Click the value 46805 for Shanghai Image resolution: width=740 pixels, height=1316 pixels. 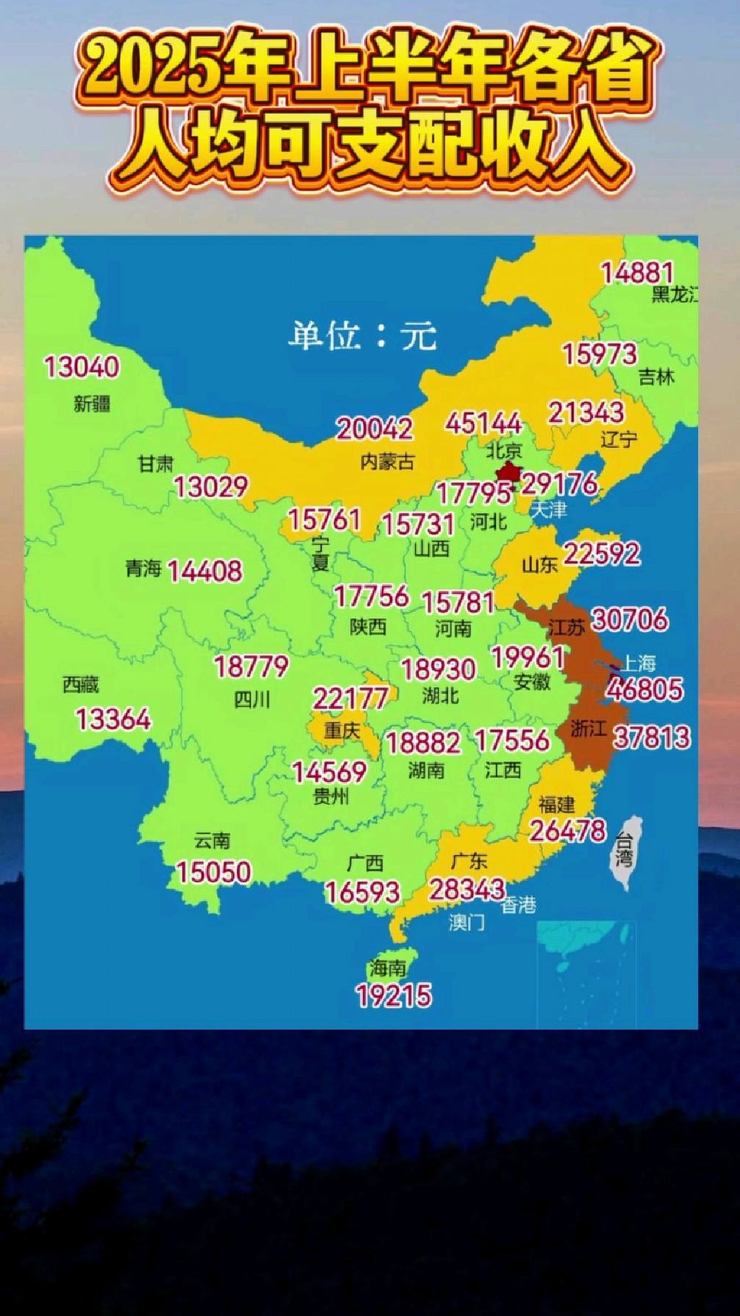coord(645,690)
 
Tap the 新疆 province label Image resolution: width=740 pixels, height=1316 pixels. coord(92,403)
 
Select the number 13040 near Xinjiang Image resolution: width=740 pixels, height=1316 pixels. coord(81,366)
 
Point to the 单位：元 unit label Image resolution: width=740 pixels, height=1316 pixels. coord(362,336)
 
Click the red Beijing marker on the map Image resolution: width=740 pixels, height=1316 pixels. coord(509,471)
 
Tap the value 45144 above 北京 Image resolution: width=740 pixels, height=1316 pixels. coord(483,423)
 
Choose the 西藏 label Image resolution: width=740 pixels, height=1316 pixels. coord(81,684)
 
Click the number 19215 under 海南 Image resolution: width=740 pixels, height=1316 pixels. coord(393,996)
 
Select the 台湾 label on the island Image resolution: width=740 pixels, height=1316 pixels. coord(624,850)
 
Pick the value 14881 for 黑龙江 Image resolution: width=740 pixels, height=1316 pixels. coord(637,272)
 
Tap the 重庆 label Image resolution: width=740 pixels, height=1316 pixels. coord(342,731)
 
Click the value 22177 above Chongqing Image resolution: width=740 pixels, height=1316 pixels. coord(350,698)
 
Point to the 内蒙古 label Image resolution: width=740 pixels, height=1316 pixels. coord(388,461)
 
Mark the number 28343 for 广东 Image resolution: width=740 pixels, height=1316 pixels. coord(468,889)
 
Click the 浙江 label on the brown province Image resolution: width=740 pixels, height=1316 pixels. coord(588,728)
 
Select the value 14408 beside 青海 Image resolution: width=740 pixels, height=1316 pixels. coord(205,571)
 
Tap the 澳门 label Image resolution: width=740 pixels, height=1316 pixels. coord(467,922)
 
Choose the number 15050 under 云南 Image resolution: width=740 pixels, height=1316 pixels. coord(214,872)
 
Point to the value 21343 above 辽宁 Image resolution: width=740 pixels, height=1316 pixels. coord(586,412)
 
